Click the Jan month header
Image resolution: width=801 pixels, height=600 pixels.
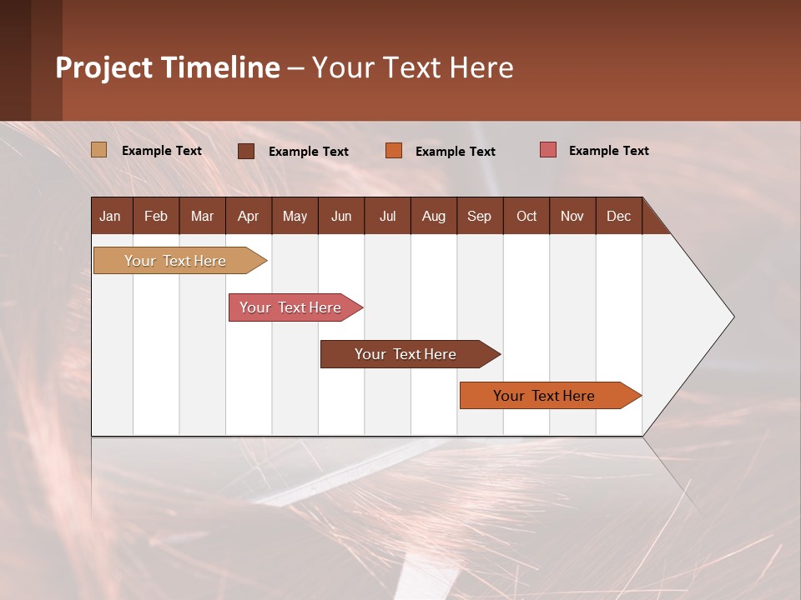(x=110, y=217)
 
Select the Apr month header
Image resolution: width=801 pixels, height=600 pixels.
(x=249, y=217)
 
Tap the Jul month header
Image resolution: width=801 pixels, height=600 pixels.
(x=388, y=217)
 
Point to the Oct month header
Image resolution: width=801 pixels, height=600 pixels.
(x=526, y=217)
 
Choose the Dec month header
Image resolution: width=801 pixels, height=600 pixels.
(x=618, y=217)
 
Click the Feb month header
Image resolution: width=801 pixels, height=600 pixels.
(x=156, y=217)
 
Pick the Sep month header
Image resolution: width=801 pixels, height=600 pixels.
(x=479, y=217)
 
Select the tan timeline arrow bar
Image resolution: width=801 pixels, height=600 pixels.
(x=180, y=261)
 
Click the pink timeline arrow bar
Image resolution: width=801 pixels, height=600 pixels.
(x=295, y=307)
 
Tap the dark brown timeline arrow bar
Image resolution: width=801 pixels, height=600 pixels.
(x=411, y=354)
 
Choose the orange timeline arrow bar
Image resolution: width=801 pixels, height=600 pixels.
(x=551, y=395)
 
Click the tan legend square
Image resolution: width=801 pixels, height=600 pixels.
(x=98, y=149)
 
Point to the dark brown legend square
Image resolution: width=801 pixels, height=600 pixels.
(x=246, y=151)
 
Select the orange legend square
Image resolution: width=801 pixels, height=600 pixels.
(x=394, y=151)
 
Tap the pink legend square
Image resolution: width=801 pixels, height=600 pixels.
(x=548, y=149)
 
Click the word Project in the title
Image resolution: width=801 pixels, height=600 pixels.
(x=103, y=68)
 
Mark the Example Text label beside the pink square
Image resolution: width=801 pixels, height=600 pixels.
(x=609, y=151)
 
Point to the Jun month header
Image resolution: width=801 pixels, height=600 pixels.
(x=341, y=217)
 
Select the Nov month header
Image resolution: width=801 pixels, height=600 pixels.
(x=572, y=217)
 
